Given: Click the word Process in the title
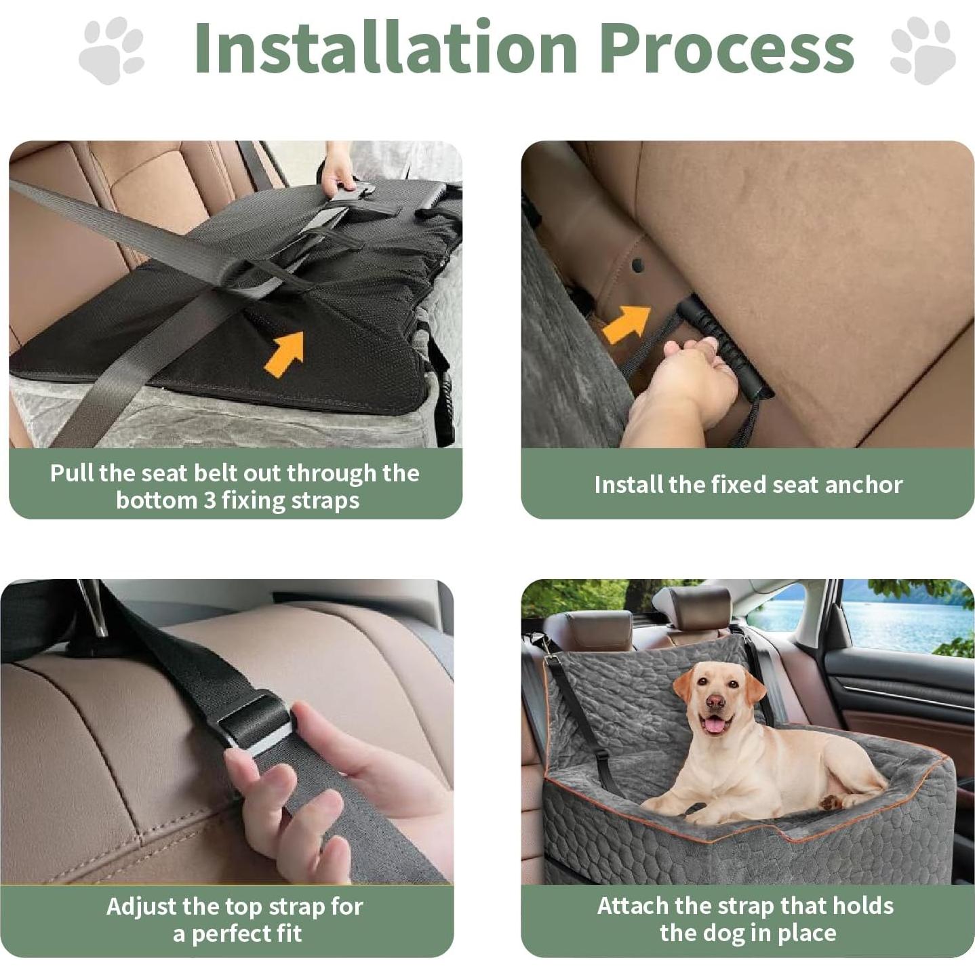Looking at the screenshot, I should pyautogui.click(x=726, y=47).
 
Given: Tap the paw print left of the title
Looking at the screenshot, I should pyautogui.click(x=112, y=51).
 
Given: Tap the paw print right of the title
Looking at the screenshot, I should pyautogui.click(x=922, y=51).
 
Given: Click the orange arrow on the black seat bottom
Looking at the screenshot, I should pyautogui.click(x=285, y=352).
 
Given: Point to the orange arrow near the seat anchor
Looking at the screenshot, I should pyautogui.click(x=626, y=323).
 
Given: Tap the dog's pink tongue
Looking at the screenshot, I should pyautogui.click(x=713, y=726).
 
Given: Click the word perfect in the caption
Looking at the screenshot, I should pyautogui.click(x=220, y=934).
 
